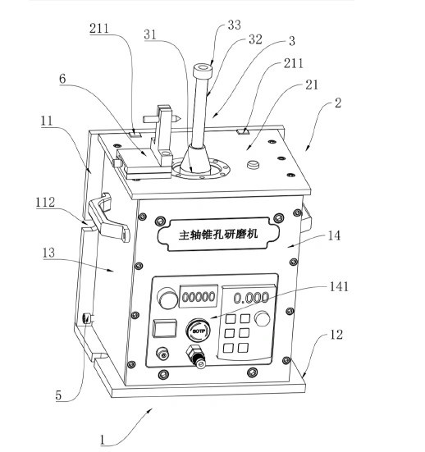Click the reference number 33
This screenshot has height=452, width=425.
click(234, 25)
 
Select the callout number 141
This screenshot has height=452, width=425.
click(339, 287)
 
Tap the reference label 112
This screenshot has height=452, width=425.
click(45, 203)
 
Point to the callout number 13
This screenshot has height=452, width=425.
click(48, 253)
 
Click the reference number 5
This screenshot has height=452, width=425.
click(58, 395)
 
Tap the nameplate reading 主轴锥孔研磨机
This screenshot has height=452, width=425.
click(218, 234)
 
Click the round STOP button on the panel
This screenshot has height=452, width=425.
click(199, 331)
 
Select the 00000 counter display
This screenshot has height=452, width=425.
click(199, 296)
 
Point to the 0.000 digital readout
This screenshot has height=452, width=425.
click(251, 298)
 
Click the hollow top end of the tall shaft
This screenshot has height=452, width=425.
click(203, 70)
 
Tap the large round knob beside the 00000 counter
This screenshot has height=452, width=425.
click(167, 299)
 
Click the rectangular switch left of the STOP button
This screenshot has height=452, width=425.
click(164, 328)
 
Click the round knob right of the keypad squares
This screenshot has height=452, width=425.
click(263, 318)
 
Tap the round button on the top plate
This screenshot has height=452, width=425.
click(254, 165)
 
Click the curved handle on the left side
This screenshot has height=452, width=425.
click(108, 218)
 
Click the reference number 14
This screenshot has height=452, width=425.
click(334, 235)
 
